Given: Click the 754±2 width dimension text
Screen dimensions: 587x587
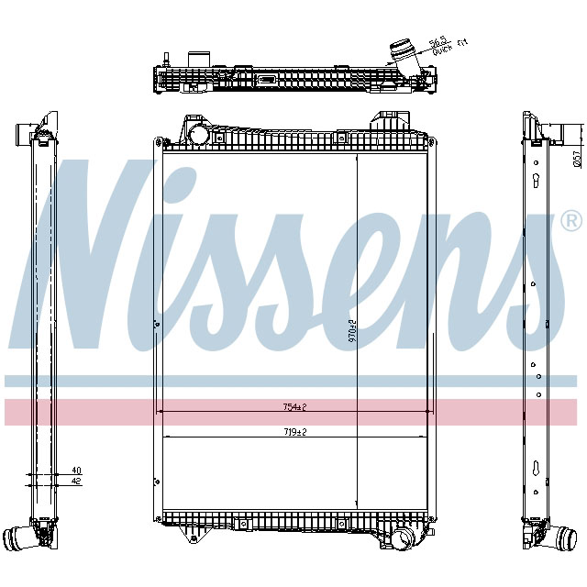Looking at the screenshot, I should pos(293,406).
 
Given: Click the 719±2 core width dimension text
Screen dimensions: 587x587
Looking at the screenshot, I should pos(293,431).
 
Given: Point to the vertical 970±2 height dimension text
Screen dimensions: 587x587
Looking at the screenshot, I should pos(351,327).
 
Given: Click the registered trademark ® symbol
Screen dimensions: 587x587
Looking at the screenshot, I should pos(570,221).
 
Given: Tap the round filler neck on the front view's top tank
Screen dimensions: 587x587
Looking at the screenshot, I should pos(198,134).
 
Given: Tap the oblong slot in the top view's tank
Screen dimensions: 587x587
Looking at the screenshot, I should pos(268,80).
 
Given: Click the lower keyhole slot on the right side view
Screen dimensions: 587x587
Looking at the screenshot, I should pos(533,470).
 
